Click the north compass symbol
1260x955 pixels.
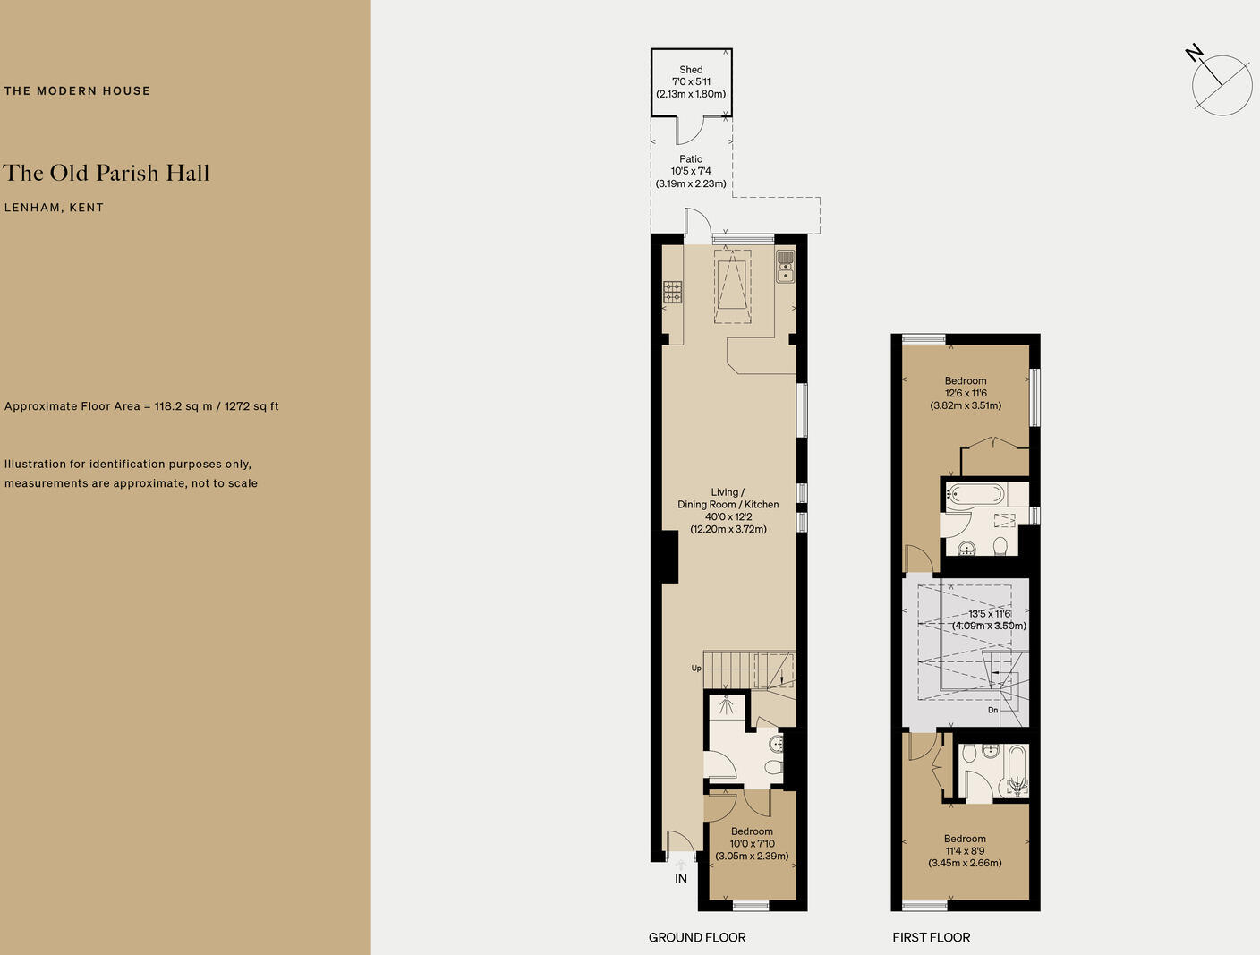(1221, 84)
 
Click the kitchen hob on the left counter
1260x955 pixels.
(672, 292)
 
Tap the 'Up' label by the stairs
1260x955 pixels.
(696, 668)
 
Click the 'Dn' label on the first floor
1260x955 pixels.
(992, 710)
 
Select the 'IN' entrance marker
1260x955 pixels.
(681, 879)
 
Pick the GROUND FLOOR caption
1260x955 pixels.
(697, 937)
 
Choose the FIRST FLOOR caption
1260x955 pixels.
(931, 937)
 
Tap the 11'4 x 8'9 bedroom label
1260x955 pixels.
(965, 851)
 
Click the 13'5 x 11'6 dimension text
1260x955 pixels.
(989, 619)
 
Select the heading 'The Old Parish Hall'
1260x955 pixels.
(106, 173)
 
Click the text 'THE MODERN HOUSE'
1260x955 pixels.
(77, 90)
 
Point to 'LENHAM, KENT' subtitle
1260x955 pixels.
(54, 208)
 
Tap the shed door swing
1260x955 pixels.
(689, 132)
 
